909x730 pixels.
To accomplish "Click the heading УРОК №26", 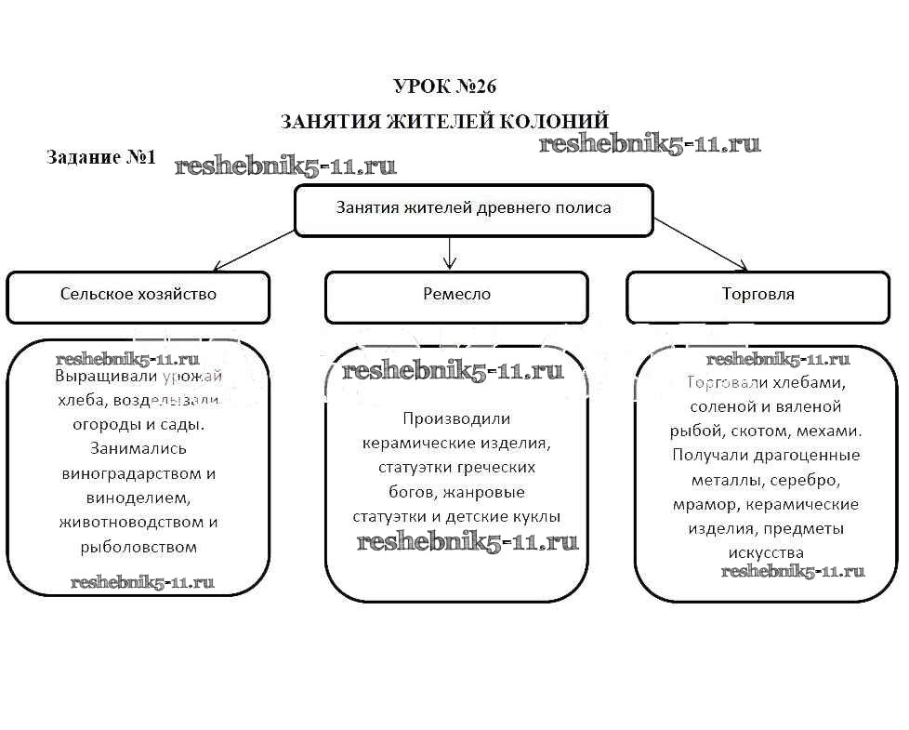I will pyautogui.click(x=445, y=86).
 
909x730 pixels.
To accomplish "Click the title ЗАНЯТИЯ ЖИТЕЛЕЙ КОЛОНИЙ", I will pyautogui.click(x=445, y=122).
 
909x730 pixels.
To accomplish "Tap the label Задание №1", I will pyautogui.click(x=100, y=157).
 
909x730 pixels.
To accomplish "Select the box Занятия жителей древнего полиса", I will pyautogui.click(x=473, y=209).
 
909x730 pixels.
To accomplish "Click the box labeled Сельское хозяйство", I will pyautogui.click(x=138, y=296).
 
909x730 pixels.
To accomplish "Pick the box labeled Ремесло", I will pyautogui.click(x=455, y=296).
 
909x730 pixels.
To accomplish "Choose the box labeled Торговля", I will pyautogui.click(x=757, y=296).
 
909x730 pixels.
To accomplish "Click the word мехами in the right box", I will pyautogui.click(x=833, y=431).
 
